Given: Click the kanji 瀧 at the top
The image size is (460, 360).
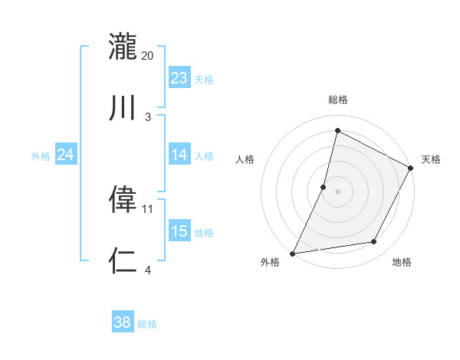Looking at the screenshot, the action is pos(123,47).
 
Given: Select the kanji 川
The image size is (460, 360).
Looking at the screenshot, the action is pos(123,108).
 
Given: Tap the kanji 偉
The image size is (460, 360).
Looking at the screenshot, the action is pos(123,199).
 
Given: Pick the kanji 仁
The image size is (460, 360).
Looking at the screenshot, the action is pos(123,260).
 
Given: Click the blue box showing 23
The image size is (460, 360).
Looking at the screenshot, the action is pos(179,78).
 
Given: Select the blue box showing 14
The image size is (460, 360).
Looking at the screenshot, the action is pos(179,155).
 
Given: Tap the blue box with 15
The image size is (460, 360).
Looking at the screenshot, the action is pos(179,231).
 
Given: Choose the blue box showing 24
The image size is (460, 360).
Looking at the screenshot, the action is pos(66,155).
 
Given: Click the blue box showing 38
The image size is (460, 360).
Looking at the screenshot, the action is pos(123,322).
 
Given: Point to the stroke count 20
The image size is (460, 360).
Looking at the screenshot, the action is pos(148,56).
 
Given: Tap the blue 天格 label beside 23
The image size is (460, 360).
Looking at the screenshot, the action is pos(204,80).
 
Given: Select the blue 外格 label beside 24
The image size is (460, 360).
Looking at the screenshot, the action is pos(41,156).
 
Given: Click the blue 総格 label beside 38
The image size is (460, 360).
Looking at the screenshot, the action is pos(147,324).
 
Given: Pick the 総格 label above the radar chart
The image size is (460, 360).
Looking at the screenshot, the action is pos(337,100).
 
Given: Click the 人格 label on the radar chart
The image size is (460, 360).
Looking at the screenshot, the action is pos(245,159).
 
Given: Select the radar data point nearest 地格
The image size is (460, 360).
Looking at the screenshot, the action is pos(374,242).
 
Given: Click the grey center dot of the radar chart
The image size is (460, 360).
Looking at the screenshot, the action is pos(337,191).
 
